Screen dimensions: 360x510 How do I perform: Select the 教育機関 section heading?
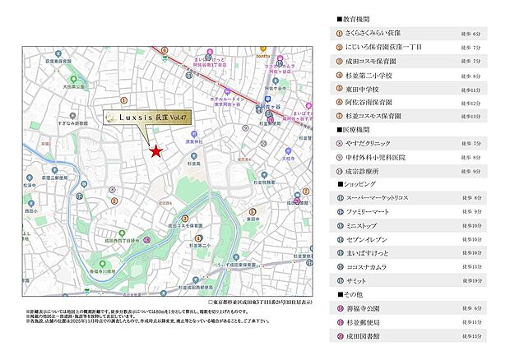(355, 17)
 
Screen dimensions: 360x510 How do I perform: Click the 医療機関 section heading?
(355, 129)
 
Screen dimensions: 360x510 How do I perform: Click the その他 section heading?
(352, 294)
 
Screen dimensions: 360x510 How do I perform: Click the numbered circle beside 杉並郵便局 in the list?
(340, 322)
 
